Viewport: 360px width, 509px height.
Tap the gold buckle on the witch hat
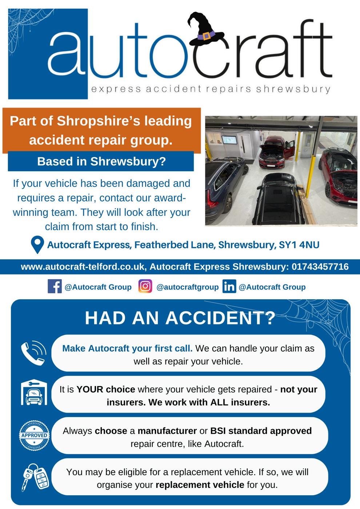pyautogui.click(x=207, y=36)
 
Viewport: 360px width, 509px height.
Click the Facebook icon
pyautogui.click(x=55, y=286)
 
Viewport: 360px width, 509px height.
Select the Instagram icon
pyautogui.click(x=145, y=286)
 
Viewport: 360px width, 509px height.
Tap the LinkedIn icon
pyautogui.click(x=229, y=286)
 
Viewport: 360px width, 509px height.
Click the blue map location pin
pyautogui.click(x=37, y=245)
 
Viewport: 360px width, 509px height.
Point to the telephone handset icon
pyautogui.click(x=33, y=353)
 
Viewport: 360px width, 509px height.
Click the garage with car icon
pyautogui.click(x=33, y=394)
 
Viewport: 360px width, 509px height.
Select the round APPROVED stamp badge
pyautogui.click(x=34, y=435)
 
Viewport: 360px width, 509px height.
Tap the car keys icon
pyautogui.click(x=33, y=476)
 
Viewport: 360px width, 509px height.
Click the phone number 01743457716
pyautogui.click(x=320, y=267)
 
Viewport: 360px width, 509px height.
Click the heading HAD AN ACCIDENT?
pyautogui.click(x=180, y=318)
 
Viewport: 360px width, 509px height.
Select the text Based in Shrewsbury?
pyautogui.click(x=101, y=161)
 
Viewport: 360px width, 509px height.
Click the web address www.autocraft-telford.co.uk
pyautogui.click(x=83, y=267)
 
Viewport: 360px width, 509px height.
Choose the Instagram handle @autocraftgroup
pyautogui.click(x=187, y=287)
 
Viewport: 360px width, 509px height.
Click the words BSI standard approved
pyautogui.click(x=261, y=431)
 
